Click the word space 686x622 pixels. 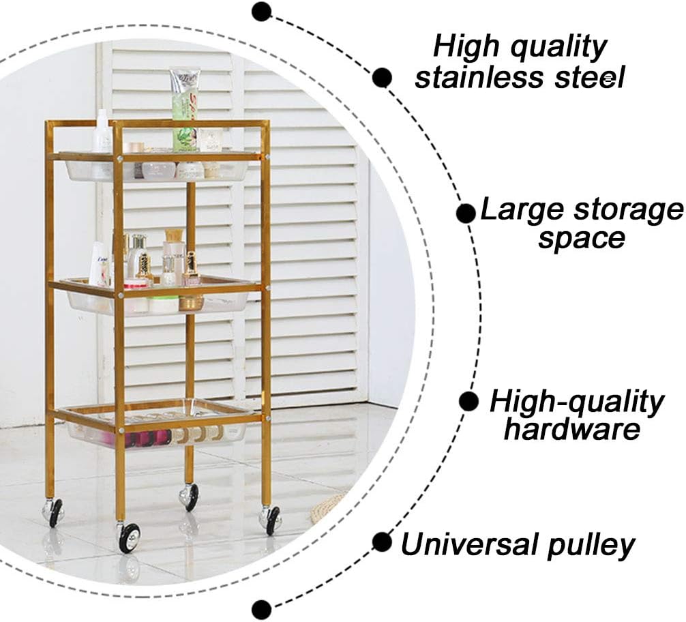pyautogui.click(x=580, y=239)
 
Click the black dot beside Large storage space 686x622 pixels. pyautogui.click(x=466, y=213)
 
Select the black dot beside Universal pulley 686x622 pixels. pyautogui.click(x=382, y=542)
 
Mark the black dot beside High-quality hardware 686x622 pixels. pyautogui.click(x=468, y=401)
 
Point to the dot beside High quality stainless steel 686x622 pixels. pyautogui.click(x=382, y=77)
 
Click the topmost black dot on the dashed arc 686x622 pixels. pyautogui.click(x=261, y=11)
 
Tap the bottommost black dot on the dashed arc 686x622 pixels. pyautogui.click(x=261, y=609)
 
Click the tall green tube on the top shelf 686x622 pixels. pyautogui.click(x=184, y=109)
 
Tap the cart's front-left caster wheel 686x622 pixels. pyautogui.click(x=128, y=537)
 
